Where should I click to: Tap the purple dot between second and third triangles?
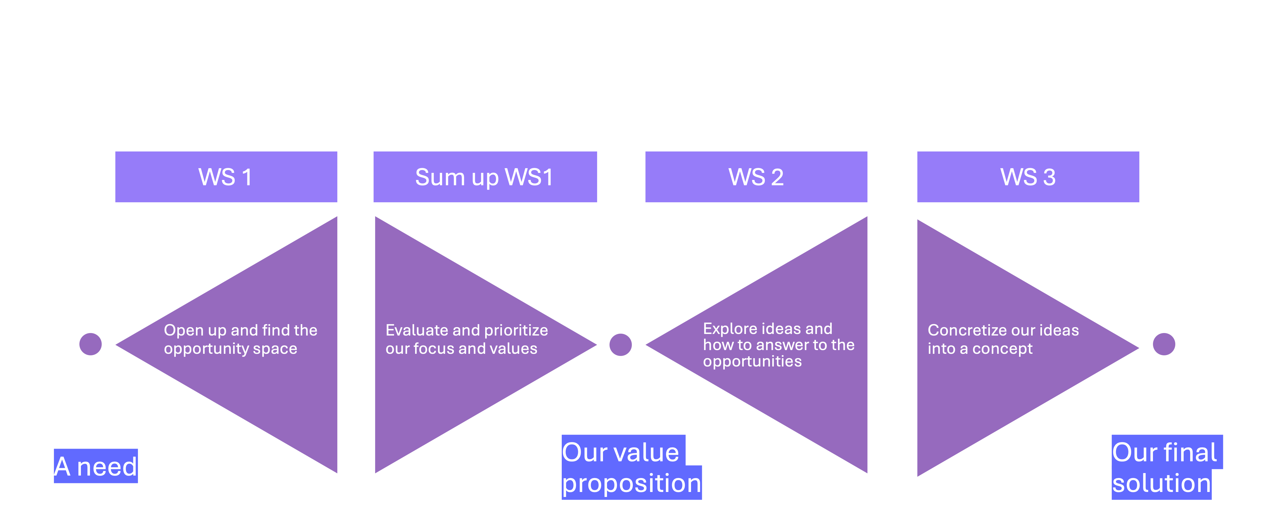pyautogui.click(x=620, y=345)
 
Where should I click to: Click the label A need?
pyautogui.click(x=95, y=466)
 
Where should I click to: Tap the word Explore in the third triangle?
pyautogui.click(x=726, y=329)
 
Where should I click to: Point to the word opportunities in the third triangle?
pyautogui.click(x=752, y=362)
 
